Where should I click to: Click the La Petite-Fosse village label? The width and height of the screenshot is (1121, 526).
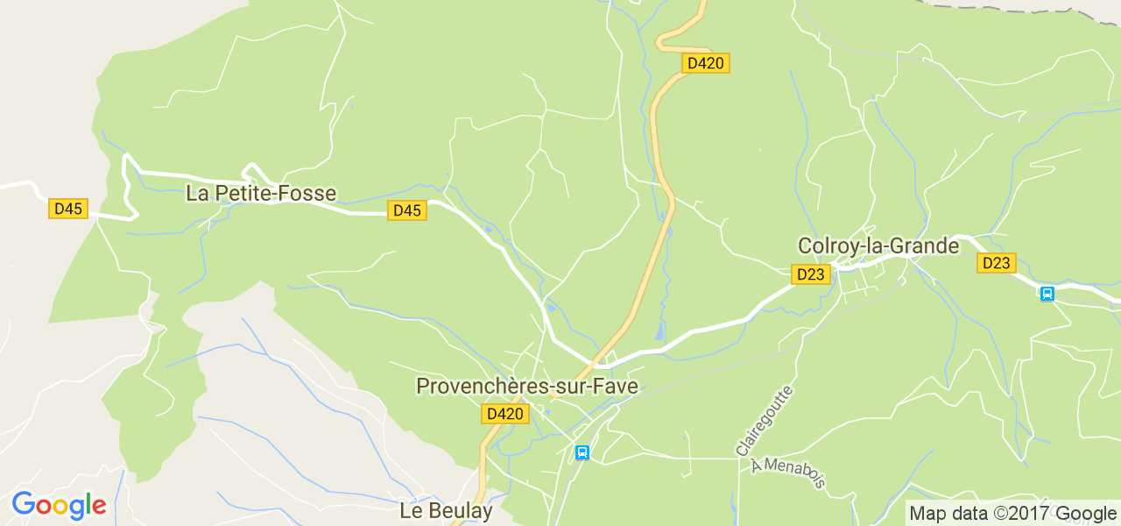click(x=261, y=194)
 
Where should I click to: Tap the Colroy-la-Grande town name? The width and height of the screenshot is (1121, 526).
click(x=878, y=246)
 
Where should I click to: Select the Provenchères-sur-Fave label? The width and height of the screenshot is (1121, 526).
click(x=527, y=387)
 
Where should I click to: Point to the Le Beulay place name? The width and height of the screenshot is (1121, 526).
click(x=446, y=510)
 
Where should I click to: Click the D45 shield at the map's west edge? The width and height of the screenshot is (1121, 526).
click(x=68, y=209)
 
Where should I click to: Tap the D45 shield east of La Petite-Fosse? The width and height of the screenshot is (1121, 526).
click(x=407, y=210)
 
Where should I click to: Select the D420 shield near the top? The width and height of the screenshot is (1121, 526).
click(x=705, y=63)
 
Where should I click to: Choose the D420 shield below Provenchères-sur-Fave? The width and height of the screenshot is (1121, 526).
click(x=505, y=414)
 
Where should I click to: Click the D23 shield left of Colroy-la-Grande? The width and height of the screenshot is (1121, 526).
click(x=811, y=274)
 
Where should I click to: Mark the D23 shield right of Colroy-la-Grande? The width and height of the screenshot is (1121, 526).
click(x=997, y=263)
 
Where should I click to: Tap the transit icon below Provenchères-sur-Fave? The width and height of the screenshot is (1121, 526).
click(x=582, y=452)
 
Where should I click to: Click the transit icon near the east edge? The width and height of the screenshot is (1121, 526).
click(x=1047, y=294)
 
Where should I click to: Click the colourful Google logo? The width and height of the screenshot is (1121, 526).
click(x=59, y=506)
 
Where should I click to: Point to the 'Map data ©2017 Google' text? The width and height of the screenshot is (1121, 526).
click(x=1012, y=514)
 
